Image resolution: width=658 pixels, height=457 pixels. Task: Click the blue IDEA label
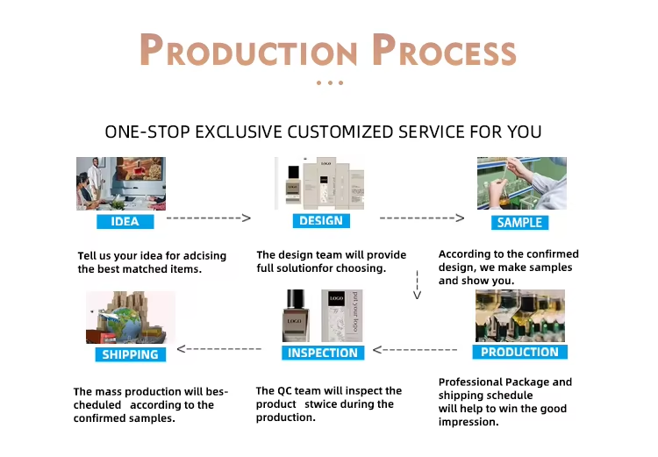pyautogui.click(x=125, y=221)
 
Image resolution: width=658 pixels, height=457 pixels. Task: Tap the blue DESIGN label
pyautogui.click(x=320, y=220)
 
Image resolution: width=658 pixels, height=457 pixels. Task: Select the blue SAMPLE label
pyautogui.click(x=519, y=222)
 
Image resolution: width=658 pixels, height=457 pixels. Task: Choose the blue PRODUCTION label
pyautogui.click(x=519, y=352)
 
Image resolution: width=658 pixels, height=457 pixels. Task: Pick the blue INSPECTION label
pyautogui.click(x=323, y=353)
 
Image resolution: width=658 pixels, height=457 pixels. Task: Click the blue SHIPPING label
pyautogui.click(x=130, y=354)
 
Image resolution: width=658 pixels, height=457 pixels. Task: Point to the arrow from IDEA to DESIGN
pyautogui.click(x=209, y=218)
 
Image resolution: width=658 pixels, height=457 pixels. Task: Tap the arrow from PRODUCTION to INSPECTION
pyautogui.click(x=416, y=350)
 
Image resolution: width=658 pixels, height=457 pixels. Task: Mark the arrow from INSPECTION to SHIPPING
pyautogui.click(x=219, y=350)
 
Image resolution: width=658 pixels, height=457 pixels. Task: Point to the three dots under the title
pyautogui.click(x=329, y=83)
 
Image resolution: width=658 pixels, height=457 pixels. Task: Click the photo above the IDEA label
pyautogui.click(x=120, y=183)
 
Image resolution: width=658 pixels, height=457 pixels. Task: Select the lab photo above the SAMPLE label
pyautogui.click(x=521, y=183)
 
